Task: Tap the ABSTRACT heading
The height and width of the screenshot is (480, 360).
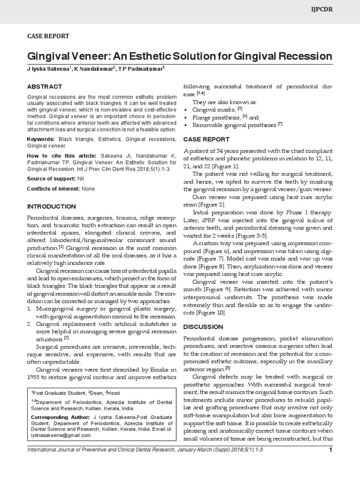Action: click(44, 87)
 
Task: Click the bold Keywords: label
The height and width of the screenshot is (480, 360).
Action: click(41, 140)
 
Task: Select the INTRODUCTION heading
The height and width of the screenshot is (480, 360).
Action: click(51, 206)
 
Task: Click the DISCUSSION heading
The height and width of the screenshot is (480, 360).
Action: click(203, 326)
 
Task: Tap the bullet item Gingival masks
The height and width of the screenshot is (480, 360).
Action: click(214, 109)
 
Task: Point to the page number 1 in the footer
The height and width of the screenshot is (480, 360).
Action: click(330, 464)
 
